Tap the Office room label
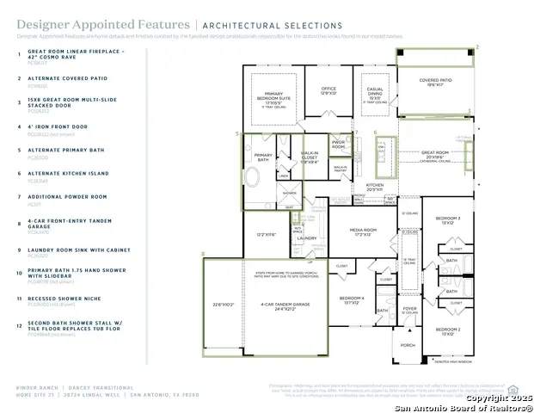[328, 89]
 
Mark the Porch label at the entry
[408, 345]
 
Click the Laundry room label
[308, 238]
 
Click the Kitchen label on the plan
[375, 186]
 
